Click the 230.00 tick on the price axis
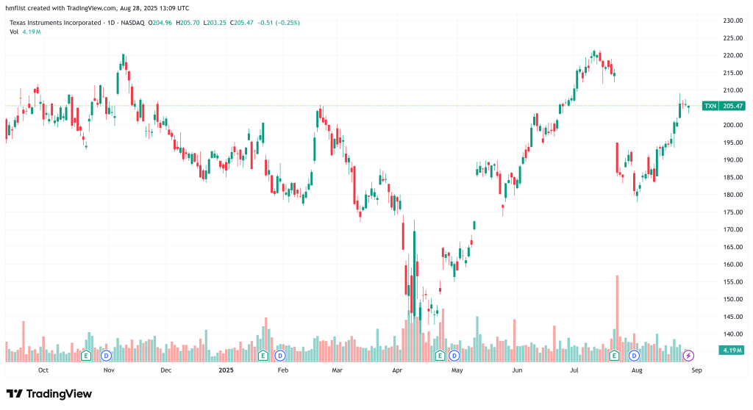[731, 20]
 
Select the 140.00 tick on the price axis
[731, 334]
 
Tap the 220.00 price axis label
[731, 55]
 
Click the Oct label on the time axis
[43, 370]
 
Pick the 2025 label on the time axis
[226, 370]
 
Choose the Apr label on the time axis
[398, 370]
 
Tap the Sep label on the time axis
[696, 370]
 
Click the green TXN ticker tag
[710, 106]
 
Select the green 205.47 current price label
[733, 106]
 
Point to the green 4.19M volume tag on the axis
[731, 350]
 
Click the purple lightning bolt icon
[689, 356]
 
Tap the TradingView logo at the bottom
[49, 394]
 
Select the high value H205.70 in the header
[190, 23]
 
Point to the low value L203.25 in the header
[217, 23]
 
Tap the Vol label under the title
[14, 32]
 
